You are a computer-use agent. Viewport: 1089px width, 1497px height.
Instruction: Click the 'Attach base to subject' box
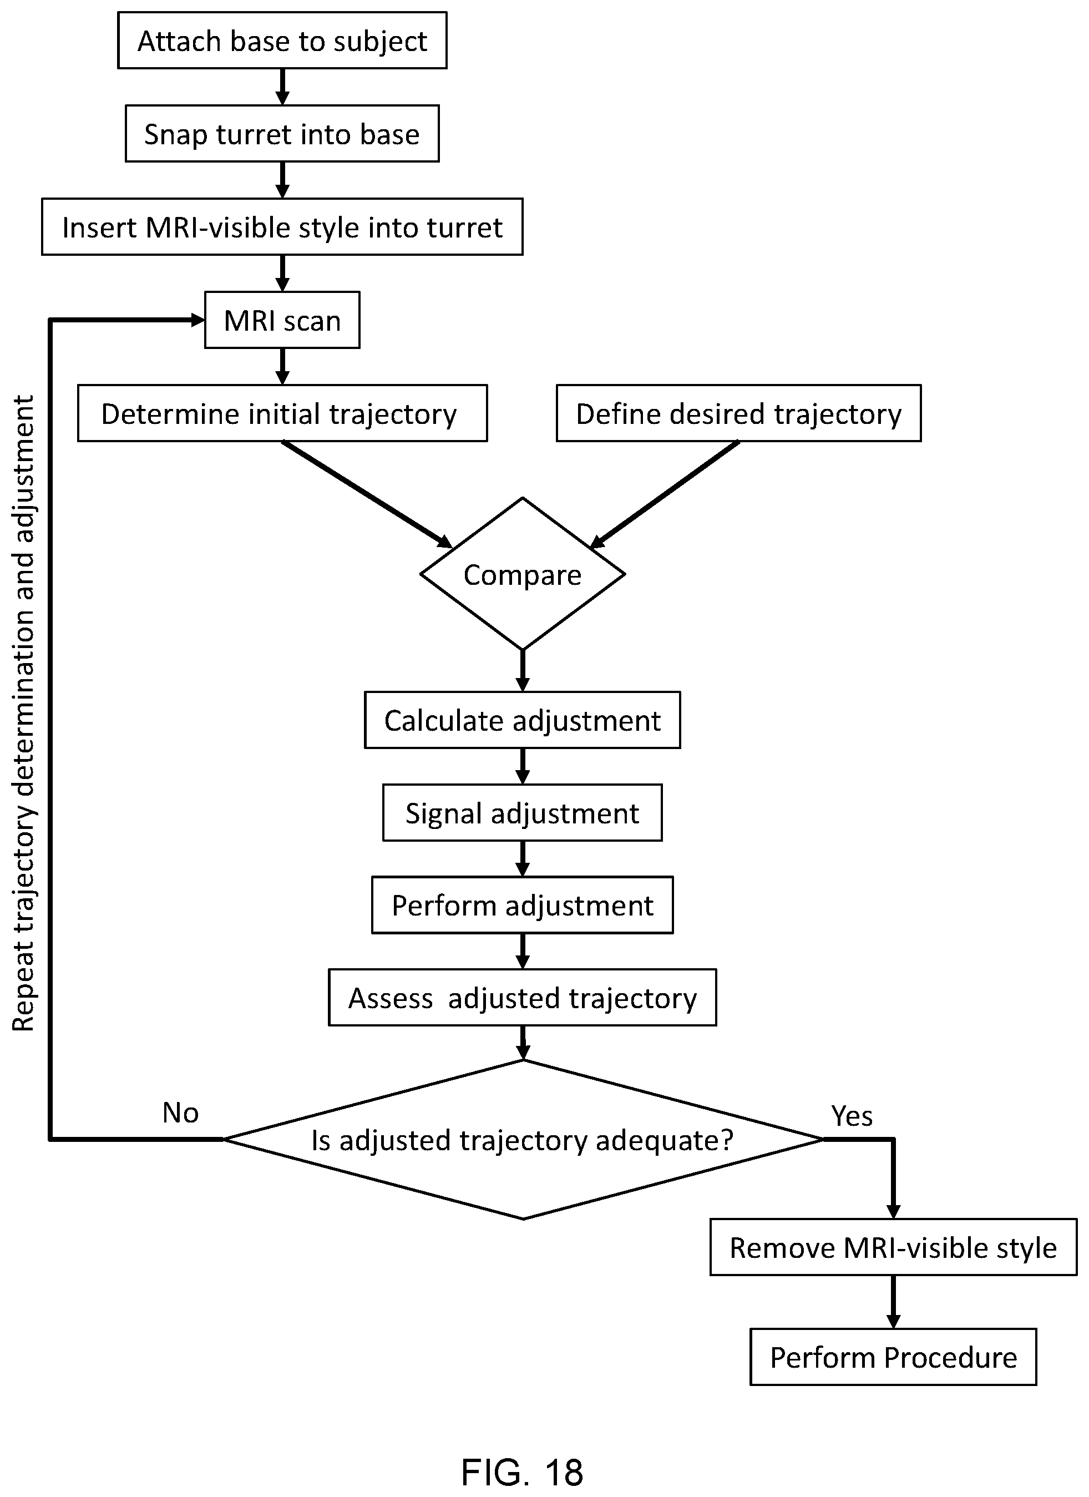pos(282,41)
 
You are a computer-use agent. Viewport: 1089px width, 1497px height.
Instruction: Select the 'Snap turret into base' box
pos(282,133)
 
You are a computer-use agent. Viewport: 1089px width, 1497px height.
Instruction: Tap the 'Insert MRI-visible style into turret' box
pos(282,226)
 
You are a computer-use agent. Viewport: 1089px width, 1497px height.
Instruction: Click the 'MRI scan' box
pos(282,320)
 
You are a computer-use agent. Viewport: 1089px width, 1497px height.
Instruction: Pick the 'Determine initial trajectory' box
pos(282,413)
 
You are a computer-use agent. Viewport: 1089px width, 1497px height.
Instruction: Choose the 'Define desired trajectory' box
pos(738,413)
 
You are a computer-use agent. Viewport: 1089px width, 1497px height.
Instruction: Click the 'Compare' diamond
pos(522,574)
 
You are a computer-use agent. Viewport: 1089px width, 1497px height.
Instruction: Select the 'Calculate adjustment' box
pos(522,720)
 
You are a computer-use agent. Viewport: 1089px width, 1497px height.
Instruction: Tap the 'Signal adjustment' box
pos(522,812)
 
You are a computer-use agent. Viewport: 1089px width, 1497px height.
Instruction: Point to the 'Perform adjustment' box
pos(522,905)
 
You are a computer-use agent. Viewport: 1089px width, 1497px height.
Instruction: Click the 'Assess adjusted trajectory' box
pos(522,997)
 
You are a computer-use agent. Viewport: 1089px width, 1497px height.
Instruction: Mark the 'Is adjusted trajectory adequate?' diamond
pos(523,1140)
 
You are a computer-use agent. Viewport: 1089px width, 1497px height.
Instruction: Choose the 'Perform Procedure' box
pos(893,1357)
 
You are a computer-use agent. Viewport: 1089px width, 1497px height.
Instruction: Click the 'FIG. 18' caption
pos(522,1471)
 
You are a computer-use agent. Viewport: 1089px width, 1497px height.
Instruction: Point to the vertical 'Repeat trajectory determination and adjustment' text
pos(24,713)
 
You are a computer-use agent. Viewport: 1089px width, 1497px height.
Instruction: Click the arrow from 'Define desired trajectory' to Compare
pos(664,494)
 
